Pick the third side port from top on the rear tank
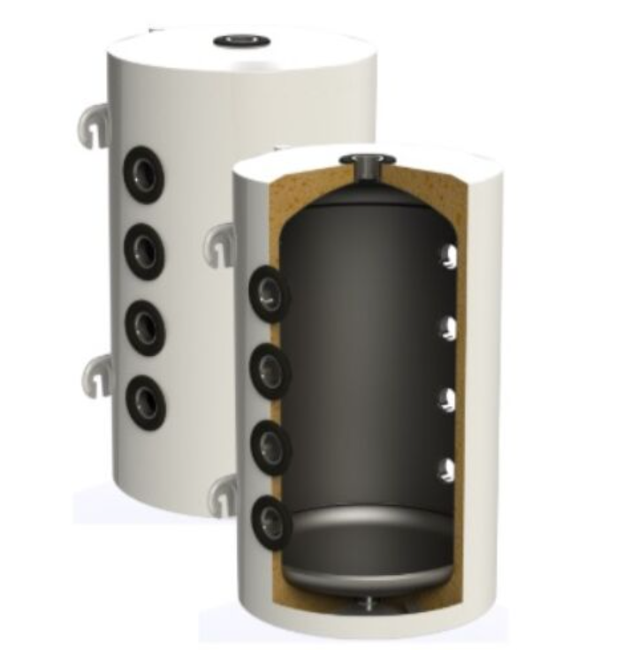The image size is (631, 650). click(x=143, y=326)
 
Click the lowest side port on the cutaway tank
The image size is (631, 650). click(x=270, y=518)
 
